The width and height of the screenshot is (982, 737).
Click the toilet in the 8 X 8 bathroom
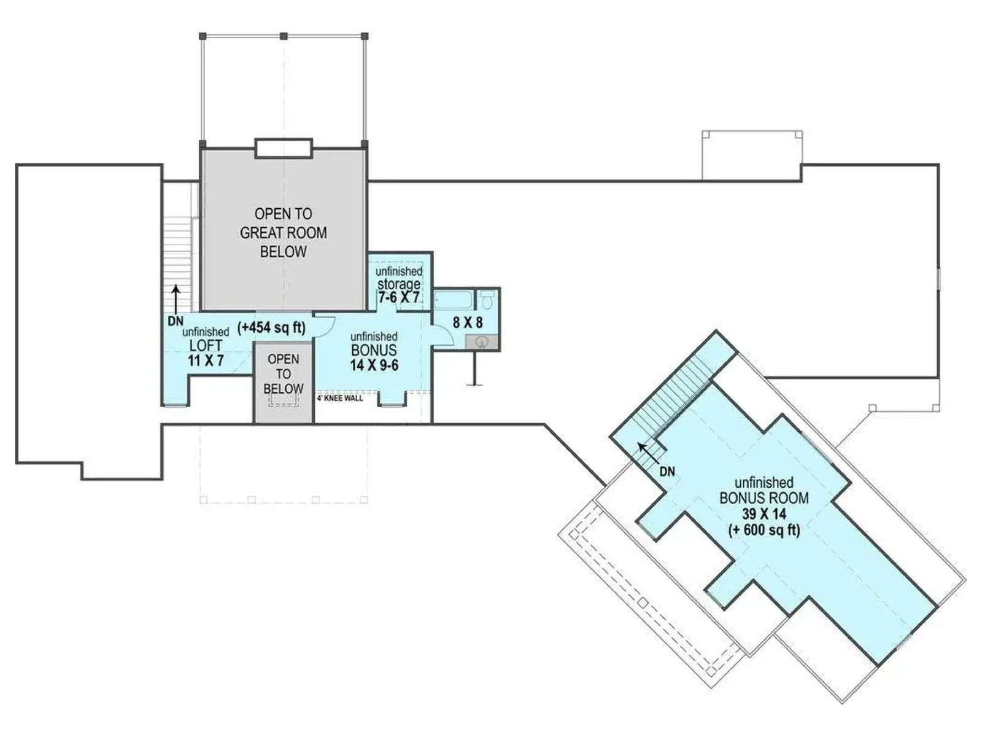pos(487,299)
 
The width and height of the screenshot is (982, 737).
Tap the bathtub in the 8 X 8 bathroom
pos(453,299)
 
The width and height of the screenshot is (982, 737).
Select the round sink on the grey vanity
pos(482,342)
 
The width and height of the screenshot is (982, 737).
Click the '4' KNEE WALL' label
pos(340,398)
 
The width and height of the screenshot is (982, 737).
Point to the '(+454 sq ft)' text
pos(271,327)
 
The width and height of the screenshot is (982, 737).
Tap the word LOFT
pos(206,345)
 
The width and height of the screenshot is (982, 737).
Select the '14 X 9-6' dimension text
pos(374,365)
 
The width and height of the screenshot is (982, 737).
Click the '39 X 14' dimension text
pos(764,513)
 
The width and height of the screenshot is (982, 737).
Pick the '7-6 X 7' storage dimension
pos(399,297)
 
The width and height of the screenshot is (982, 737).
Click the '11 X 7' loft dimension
pos(206,361)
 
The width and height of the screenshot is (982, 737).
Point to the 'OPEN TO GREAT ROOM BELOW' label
pos(283,233)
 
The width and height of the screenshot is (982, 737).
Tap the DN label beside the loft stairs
pos(176,321)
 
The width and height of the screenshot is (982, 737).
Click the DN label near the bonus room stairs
pos(667,472)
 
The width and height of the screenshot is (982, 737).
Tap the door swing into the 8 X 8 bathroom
pos(443,335)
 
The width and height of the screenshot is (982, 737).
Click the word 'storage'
pos(399,284)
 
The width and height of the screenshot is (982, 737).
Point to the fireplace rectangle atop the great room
pos(283,149)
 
